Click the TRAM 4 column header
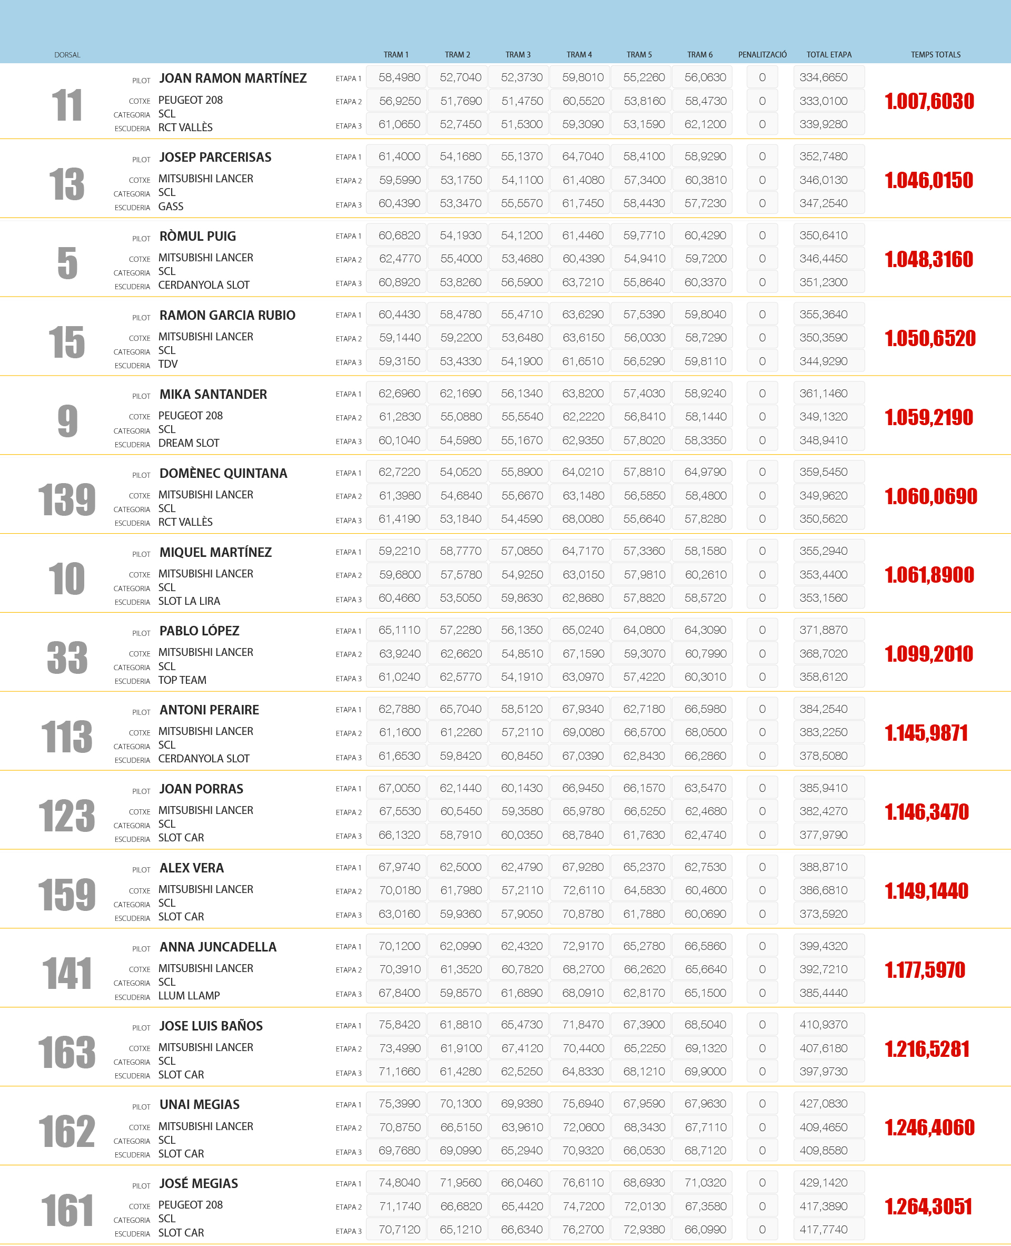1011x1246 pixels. pos(579,55)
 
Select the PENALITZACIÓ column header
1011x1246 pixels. pos(762,55)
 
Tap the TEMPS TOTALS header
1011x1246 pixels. pos(935,55)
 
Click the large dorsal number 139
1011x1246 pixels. pos(67,499)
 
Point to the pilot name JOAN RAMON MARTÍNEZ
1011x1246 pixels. pos(233,78)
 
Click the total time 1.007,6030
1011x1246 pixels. pos(929,101)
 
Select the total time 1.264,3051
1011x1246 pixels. pos(928,1206)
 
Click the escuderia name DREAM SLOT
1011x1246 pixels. pos(189,443)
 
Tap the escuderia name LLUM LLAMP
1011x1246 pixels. pos(189,995)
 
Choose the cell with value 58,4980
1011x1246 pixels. pos(399,77)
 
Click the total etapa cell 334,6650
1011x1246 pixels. pos(823,77)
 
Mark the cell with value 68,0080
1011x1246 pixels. pos(582,518)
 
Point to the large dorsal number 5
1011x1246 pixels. pos(67,263)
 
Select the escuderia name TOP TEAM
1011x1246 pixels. pos(182,680)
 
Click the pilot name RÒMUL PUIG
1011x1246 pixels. pos(197,236)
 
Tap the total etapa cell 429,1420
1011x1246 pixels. pos(823,1182)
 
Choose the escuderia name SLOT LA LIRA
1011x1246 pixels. pos(189,601)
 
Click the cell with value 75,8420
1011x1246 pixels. pos(399,1025)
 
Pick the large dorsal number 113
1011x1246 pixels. pos(67,737)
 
